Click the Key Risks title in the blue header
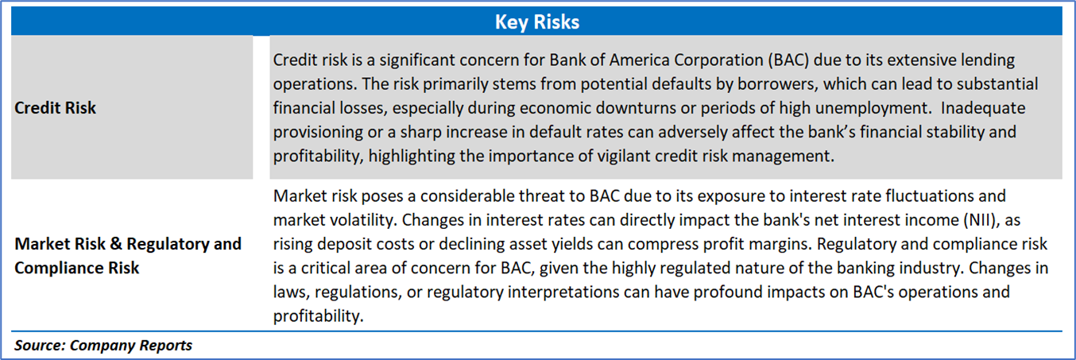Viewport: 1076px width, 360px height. tap(537, 22)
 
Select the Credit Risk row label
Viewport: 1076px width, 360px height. tap(56, 107)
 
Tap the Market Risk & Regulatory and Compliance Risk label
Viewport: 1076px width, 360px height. tap(128, 256)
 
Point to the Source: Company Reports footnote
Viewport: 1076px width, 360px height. tap(103, 345)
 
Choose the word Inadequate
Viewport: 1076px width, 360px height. tap(983, 108)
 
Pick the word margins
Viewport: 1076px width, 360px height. tap(776, 244)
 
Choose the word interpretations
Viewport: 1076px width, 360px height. tap(563, 292)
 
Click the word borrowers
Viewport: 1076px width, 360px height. tap(777, 84)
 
